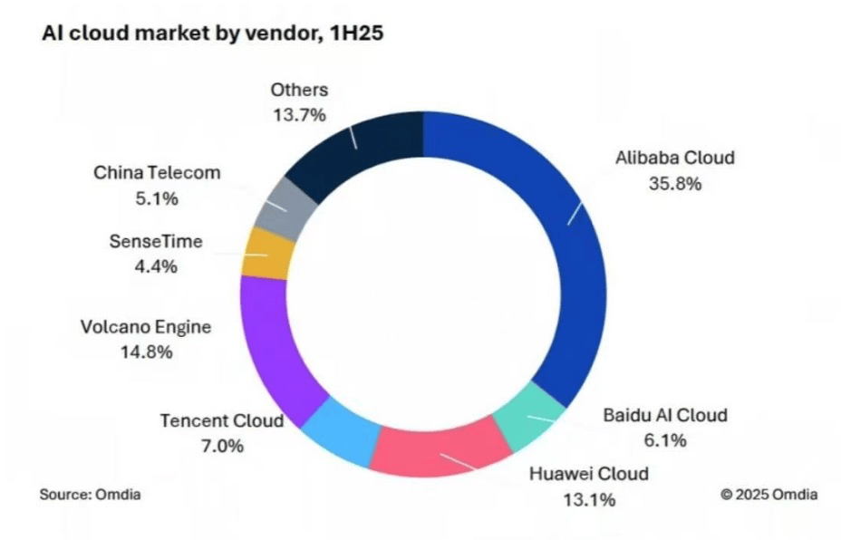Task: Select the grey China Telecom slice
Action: (x=286, y=204)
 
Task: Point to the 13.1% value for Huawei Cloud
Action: (x=589, y=497)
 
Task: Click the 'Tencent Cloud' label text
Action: (x=222, y=421)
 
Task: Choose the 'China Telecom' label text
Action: (x=157, y=173)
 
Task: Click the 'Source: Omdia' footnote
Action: (x=90, y=495)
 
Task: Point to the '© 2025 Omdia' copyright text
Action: (x=768, y=495)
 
